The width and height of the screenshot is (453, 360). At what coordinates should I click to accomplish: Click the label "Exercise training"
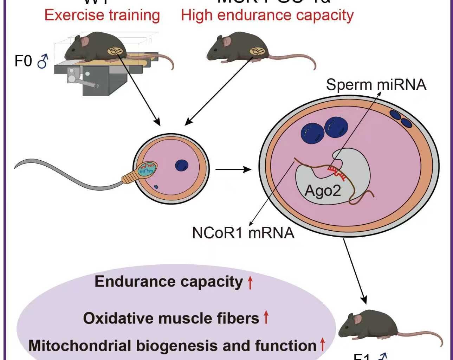(x=102, y=15)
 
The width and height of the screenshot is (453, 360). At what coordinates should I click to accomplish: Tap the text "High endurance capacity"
(x=267, y=15)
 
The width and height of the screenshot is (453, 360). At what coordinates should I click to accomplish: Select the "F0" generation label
(x=23, y=61)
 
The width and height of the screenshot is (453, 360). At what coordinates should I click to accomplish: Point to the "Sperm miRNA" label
(x=376, y=85)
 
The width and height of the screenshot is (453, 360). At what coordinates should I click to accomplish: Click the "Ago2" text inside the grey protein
(x=323, y=191)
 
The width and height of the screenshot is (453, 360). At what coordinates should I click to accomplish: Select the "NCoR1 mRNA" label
(x=243, y=233)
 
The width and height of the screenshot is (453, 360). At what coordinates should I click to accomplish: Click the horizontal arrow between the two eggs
(x=233, y=170)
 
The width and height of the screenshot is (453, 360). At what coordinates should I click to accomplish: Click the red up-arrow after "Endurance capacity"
(x=250, y=282)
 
